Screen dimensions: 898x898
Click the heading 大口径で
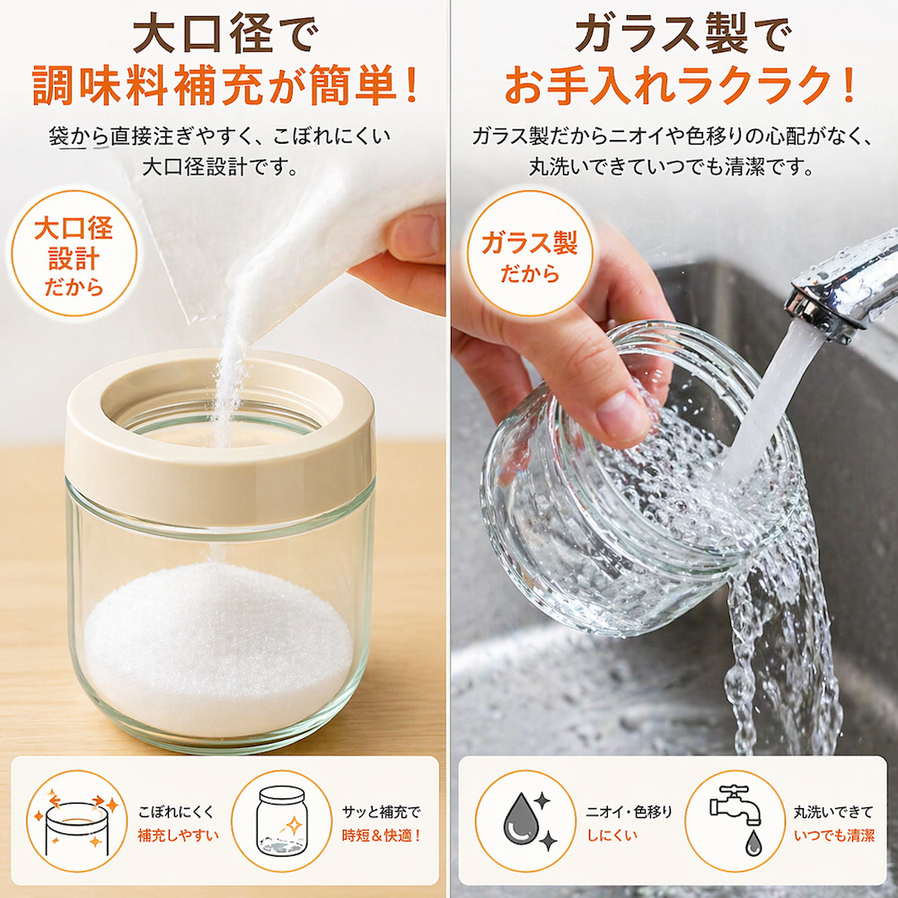click(224, 36)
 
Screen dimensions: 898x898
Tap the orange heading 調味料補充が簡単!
click(224, 86)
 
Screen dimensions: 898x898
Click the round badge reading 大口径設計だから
click(74, 253)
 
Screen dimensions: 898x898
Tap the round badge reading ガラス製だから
click(529, 253)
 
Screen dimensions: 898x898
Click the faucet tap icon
click(737, 819)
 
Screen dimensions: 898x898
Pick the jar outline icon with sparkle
click(281, 821)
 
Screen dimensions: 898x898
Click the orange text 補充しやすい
click(178, 835)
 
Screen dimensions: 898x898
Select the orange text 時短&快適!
click(382, 835)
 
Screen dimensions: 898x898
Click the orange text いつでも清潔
click(834, 835)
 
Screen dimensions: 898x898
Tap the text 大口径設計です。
click(220, 168)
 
